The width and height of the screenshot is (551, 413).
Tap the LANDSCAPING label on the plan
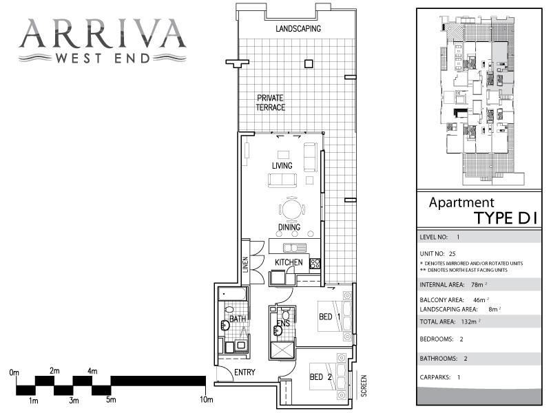tap(298, 29)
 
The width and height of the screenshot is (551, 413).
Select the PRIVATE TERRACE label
tap(270, 103)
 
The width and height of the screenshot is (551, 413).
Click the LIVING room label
tap(282, 166)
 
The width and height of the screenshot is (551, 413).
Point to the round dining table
tap(291, 209)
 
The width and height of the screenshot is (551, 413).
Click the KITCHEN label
tap(289, 263)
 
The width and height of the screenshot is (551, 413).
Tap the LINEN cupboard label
tap(245, 264)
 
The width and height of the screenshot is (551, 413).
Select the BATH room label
tap(237, 319)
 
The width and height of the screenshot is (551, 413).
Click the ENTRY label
tap(245, 372)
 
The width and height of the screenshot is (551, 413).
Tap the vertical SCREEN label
tap(364, 386)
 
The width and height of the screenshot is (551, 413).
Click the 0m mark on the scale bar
tap(14, 372)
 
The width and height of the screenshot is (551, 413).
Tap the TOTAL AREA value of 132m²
tap(470, 321)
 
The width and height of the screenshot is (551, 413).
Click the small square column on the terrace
tap(309, 64)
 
